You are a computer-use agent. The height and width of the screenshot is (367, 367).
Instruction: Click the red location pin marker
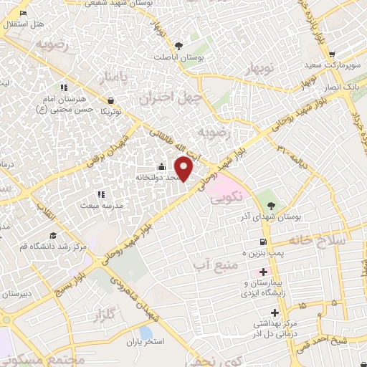click(x=184, y=169)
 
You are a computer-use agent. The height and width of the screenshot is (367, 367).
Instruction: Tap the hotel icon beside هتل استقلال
click(x=24, y=13)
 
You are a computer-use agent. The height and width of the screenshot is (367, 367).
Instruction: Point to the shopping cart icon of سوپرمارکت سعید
click(x=331, y=54)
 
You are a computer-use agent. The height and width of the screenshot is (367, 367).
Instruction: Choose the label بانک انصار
click(x=341, y=87)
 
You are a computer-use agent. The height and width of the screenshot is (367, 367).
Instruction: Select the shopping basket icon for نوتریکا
click(x=110, y=101)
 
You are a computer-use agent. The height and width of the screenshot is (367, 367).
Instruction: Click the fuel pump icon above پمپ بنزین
click(x=263, y=242)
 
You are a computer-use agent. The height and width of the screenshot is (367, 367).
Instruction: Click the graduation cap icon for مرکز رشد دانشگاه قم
click(x=52, y=236)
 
